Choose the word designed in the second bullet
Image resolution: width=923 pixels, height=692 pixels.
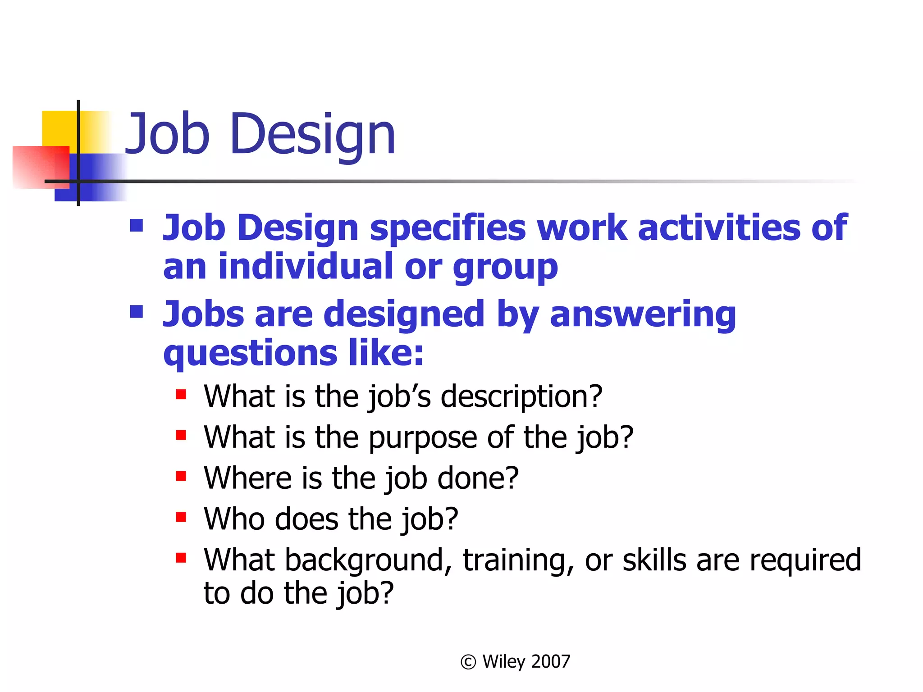[x=404, y=314]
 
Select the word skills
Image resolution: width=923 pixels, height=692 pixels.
[x=654, y=560]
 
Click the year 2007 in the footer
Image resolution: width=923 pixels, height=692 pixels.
[x=551, y=661]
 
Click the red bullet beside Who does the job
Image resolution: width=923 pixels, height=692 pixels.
[x=181, y=517]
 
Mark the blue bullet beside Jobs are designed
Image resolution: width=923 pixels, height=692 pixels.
[x=136, y=312]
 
